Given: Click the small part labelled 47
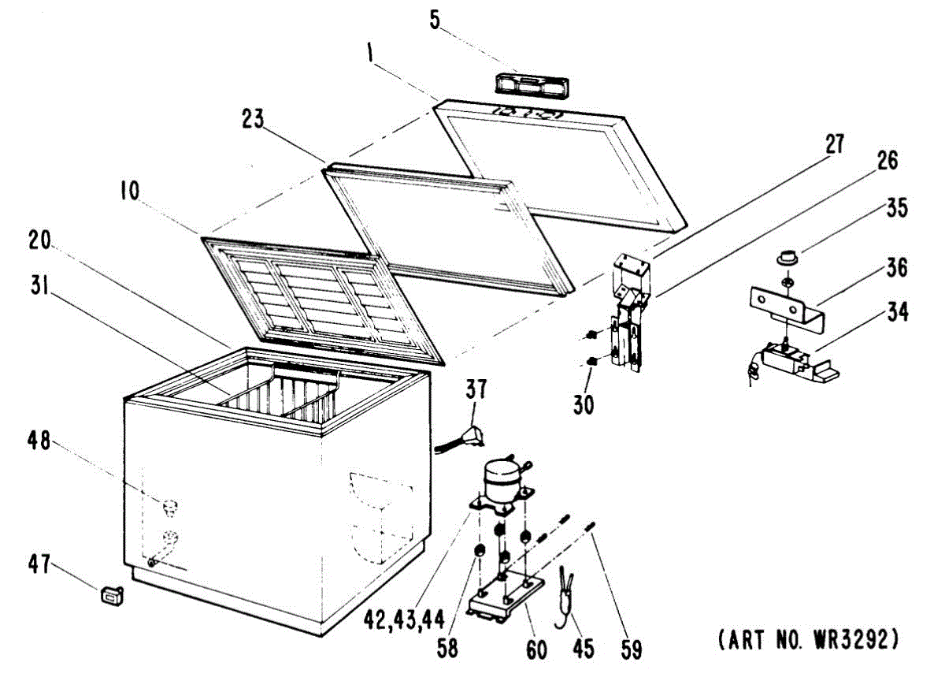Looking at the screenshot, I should pyautogui.click(x=112, y=596).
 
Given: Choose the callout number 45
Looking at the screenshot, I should pyautogui.click(x=583, y=649).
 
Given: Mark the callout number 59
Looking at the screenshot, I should pyautogui.click(x=630, y=649).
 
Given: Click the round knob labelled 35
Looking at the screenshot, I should pyautogui.click(x=785, y=257).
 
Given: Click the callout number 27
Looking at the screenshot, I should pyautogui.click(x=834, y=145).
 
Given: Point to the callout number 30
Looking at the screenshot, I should pyautogui.click(x=584, y=404).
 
